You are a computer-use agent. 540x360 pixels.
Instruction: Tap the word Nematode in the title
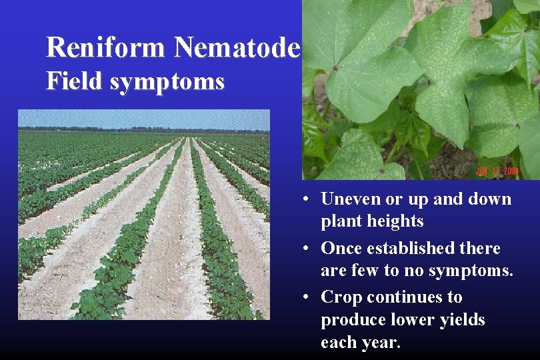click(x=237, y=47)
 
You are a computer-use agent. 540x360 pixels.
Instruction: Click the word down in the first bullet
click(x=489, y=199)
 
